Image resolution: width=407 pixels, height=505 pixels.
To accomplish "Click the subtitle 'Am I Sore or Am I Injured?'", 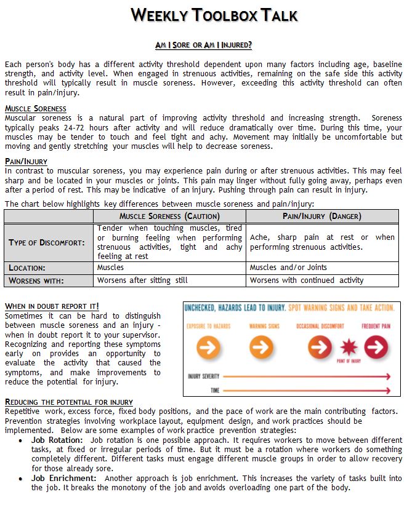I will click(x=203, y=45).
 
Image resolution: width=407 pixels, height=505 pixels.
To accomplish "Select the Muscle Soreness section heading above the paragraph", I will click(x=36, y=109).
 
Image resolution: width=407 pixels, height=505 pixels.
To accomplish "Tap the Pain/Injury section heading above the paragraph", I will click(x=26, y=162).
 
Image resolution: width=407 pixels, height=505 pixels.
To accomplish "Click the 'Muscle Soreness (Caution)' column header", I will click(x=169, y=217).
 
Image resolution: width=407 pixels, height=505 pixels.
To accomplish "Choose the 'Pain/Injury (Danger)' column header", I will click(x=322, y=217).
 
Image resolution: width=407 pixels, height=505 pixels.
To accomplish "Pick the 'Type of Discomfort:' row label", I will click(x=47, y=242).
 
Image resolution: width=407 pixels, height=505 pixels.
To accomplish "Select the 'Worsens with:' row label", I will click(x=36, y=280).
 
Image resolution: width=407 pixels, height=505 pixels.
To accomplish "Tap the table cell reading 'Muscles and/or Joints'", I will click(x=288, y=268).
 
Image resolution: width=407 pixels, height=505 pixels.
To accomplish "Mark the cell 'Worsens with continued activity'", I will click(x=307, y=280).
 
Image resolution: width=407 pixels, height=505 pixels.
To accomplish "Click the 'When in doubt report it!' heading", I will click(x=52, y=306).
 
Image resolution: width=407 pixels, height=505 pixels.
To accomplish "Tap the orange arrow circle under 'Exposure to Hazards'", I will click(x=208, y=347).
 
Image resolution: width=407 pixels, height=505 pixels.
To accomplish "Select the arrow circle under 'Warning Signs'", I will click(x=262, y=347).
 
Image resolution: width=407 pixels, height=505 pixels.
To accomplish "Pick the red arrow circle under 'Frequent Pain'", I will click(x=376, y=347).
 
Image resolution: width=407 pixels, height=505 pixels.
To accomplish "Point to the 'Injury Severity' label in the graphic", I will click(x=203, y=375).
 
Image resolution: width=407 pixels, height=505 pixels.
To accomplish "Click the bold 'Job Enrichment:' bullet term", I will click(x=64, y=478).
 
